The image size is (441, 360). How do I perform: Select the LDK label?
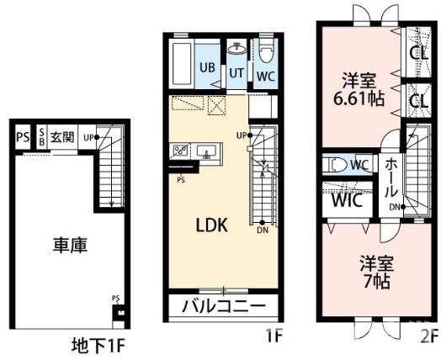211,227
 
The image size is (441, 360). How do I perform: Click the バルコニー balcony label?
224,304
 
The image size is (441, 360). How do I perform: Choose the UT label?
238,73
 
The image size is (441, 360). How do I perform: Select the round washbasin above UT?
237,47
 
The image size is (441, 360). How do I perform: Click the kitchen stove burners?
180,151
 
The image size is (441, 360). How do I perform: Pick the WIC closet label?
343,202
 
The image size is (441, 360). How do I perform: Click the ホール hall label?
392,178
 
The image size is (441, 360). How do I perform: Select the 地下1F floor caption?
98,345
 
